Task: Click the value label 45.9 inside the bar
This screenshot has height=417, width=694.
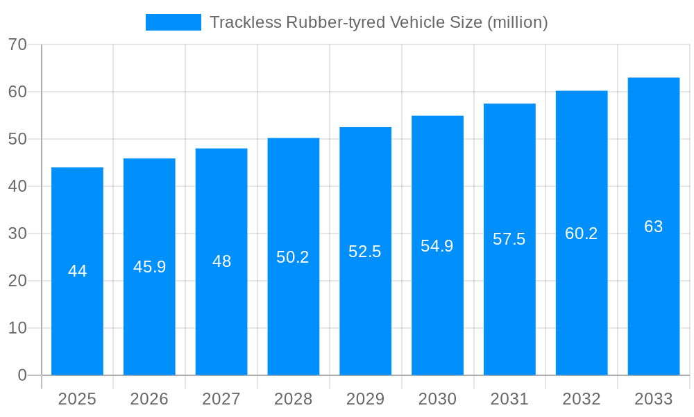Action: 149,267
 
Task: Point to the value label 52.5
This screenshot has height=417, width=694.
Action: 365,252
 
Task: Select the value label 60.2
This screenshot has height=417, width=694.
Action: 581,234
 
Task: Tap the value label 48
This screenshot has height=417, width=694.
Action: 221,261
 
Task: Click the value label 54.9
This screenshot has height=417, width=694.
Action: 437,246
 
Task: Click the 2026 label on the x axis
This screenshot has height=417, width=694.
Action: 149,399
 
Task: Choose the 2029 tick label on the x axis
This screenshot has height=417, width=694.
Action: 365,399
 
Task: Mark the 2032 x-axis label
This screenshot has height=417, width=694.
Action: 581,399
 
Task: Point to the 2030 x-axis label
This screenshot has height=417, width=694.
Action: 437,399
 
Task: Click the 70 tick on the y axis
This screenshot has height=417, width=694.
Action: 17,44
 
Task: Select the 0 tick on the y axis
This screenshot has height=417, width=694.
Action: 22,375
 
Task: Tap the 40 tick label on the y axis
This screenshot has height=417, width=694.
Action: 17,186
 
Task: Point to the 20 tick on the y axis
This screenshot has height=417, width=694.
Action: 17,281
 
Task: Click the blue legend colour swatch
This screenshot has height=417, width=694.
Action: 173,22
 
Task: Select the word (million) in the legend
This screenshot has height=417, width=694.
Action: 518,22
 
